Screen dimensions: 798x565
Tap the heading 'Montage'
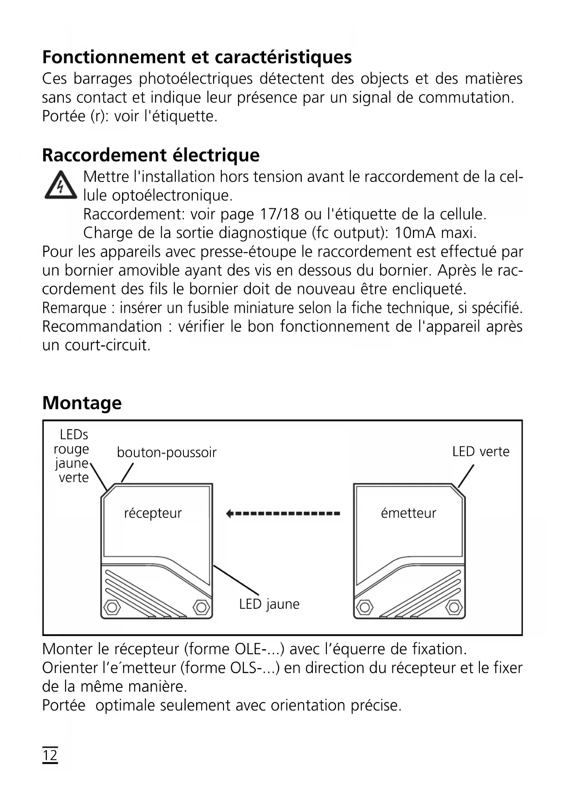pyautogui.click(x=82, y=403)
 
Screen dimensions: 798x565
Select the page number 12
pyautogui.click(x=50, y=755)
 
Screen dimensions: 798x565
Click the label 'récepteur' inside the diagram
pyautogui.click(x=153, y=513)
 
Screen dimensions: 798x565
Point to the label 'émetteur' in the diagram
pyautogui.click(x=408, y=513)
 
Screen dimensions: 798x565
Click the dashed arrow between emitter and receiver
pyautogui.click(x=283, y=514)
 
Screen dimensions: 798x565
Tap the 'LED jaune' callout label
pyautogui.click(x=269, y=604)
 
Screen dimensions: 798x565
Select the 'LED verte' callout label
pyautogui.click(x=480, y=452)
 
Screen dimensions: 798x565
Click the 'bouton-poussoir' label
pyautogui.click(x=167, y=453)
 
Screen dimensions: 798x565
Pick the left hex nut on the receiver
pyautogui.click(x=112, y=607)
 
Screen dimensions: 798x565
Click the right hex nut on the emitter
pyautogui.click(x=453, y=607)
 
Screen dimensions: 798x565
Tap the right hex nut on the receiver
pyautogui.click(x=201, y=607)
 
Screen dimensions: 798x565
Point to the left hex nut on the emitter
pyautogui.click(x=364, y=607)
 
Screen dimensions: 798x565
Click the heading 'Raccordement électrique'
pyautogui.click(x=151, y=155)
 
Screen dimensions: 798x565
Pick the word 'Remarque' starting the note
pyautogui.click(x=74, y=308)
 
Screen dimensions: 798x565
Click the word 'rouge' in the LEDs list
pyautogui.click(x=71, y=449)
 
